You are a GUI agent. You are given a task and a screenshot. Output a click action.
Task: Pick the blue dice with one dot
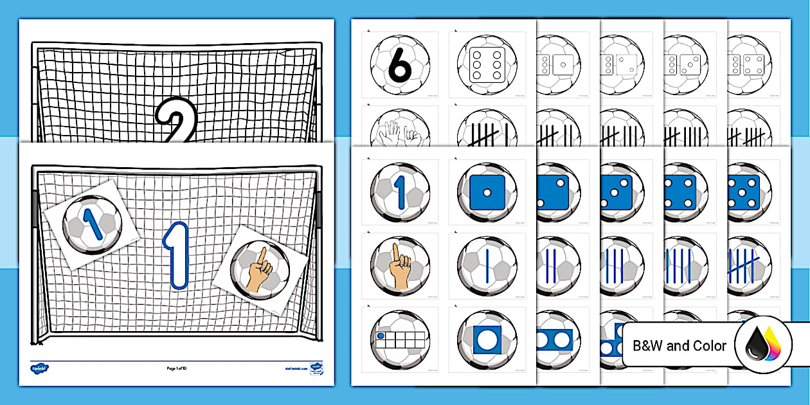(x=486, y=192)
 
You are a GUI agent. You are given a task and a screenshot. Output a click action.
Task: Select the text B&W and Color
(x=679, y=346)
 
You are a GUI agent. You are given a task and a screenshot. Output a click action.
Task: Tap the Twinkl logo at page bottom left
(x=40, y=368)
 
